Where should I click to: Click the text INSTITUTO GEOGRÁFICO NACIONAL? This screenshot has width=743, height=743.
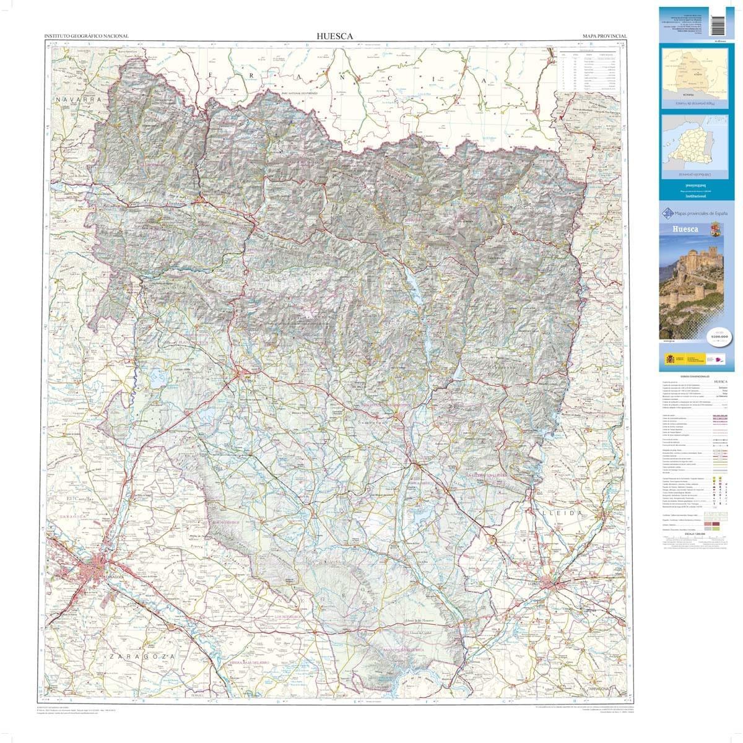pyautogui.click(x=87, y=37)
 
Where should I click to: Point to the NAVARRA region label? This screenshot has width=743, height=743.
pyautogui.click(x=77, y=99)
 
